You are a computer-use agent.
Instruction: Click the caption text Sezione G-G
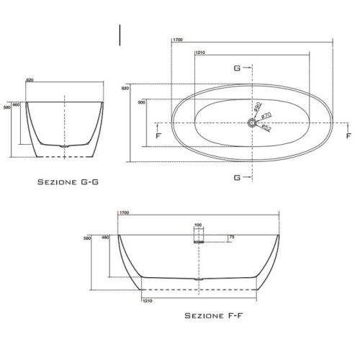pyautogui.click(x=68, y=184)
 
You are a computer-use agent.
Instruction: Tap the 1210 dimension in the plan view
pyautogui.click(x=201, y=53)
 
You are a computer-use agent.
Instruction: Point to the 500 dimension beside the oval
pyautogui.click(x=141, y=102)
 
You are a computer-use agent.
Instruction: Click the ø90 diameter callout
pyautogui.click(x=257, y=107)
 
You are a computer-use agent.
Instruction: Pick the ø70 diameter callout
pyautogui.click(x=266, y=115)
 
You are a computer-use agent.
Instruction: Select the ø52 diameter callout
pyautogui.click(x=266, y=127)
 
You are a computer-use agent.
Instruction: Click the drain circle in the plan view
pyautogui.click(x=252, y=122)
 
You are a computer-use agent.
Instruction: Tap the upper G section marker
pyautogui.click(x=236, y=68)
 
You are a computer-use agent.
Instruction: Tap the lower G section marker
pyautogui.click(x=236, y=176)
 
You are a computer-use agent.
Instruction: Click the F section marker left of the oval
pyautogui.click(x=158, y=135)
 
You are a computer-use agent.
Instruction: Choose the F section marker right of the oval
pyautogui.click(x=348, y=135)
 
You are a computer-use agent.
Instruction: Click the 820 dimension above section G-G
pyautogui.click(x=30, y=80)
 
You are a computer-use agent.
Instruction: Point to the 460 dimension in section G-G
pyautogui.click(x=16, y=104)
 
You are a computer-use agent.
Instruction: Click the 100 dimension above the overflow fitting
pyautogui.click(x=198, y=225)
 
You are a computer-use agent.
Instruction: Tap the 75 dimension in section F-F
pyautogui.click(x=231, y=237)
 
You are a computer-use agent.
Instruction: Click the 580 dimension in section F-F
pyautogui.click(x=88, y=238)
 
